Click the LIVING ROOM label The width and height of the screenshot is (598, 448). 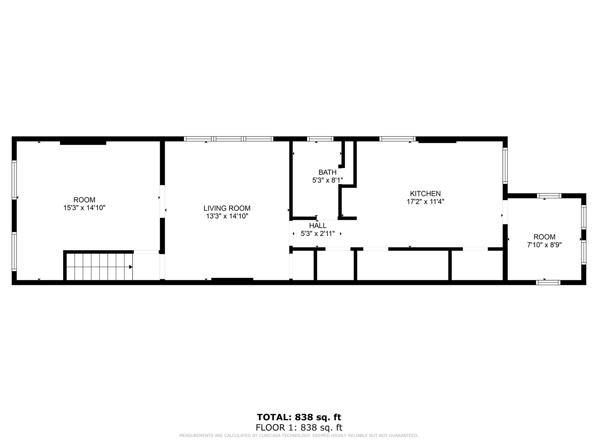click(227, 208)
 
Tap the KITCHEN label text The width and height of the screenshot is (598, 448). click(425, 194)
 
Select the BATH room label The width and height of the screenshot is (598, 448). click(327, 172)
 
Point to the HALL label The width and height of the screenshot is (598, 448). click(318, 226)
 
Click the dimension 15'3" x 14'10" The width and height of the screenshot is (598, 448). click(84, 208)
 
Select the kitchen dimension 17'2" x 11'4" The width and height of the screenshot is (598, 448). click(425, 202)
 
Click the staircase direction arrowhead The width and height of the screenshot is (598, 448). click(131, 267)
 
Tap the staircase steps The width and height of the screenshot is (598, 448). click(100, 267)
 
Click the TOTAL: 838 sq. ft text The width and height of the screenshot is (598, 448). click(299, 417)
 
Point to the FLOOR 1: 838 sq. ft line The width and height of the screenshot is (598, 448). click(299, 428)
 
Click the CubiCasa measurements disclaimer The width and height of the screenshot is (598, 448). click(299, 435)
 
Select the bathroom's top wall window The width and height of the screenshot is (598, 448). click(320, 139)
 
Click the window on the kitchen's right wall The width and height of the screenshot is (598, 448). click(505, 166)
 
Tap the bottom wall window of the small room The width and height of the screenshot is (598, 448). click(548, 282)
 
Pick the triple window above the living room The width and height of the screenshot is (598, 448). click(229, 139)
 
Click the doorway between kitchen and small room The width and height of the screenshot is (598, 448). click(505, 212)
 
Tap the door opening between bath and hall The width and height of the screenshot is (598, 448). click(327, 218)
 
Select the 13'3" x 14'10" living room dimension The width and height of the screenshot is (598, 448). click(227, 216)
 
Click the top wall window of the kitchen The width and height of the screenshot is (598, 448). click(397, 139)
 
